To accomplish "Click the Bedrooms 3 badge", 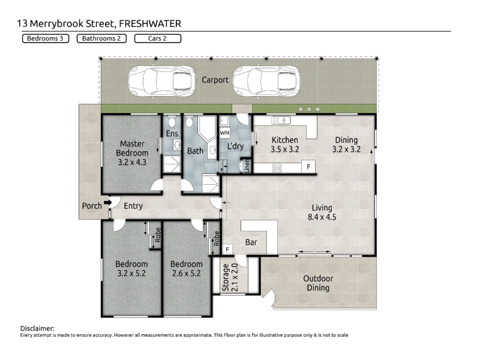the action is click(x=46, y=38).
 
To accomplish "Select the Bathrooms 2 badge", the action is click(x=101, y=38).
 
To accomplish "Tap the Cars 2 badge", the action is click(x=158, y=38).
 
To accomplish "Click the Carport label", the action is click(x=215, y=80).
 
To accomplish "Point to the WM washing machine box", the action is click(x=224, y=133).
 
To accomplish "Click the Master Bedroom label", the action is click(x=132, y=148).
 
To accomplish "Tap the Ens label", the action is click(x=172, y=133).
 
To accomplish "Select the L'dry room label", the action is click(x=235, y=146).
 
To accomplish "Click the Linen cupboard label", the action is click(x=247, y=166).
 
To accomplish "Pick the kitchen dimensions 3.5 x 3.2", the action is click(x=284, y=149).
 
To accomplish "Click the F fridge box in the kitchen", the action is click(x=308, y=167).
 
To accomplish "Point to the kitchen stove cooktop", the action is click(x=277, y=168).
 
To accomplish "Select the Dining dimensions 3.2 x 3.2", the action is click(x=346, y=149).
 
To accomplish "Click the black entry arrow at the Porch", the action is click(x=108, y=202).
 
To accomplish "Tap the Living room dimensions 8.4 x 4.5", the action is click(x=322, y=217).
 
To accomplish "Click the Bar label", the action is click(x=251, y=242).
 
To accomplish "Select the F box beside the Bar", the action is click(x=227, y=250).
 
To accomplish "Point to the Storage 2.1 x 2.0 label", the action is click(x=230, y=277).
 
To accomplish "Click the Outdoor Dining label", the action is click(x=318, y=283).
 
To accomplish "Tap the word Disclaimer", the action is click(x=37, y=328).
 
